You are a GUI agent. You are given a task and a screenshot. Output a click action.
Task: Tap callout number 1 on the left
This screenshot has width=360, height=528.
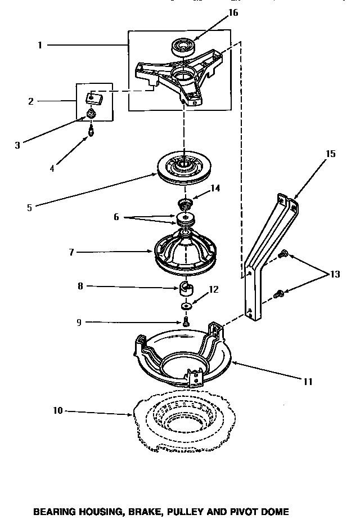click(x=40, y=46)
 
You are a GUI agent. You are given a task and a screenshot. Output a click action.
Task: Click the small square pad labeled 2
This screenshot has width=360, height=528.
click(x=93, y=99)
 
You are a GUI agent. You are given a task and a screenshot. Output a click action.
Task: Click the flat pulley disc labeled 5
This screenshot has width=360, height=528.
click(x=183, y=168)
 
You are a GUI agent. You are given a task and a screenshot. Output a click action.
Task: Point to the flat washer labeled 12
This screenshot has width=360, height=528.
click(x=185, y=307)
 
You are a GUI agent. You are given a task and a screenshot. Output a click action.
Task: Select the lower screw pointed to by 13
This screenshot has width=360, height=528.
click(x=277, y=293)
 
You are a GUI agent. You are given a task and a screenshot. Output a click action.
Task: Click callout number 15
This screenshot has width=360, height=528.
click(x=331, y=154)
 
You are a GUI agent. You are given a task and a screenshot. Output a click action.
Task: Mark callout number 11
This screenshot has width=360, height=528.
click(x=308, y=381)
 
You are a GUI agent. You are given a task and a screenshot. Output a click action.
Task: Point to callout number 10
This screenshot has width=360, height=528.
click(x=57, y=411)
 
